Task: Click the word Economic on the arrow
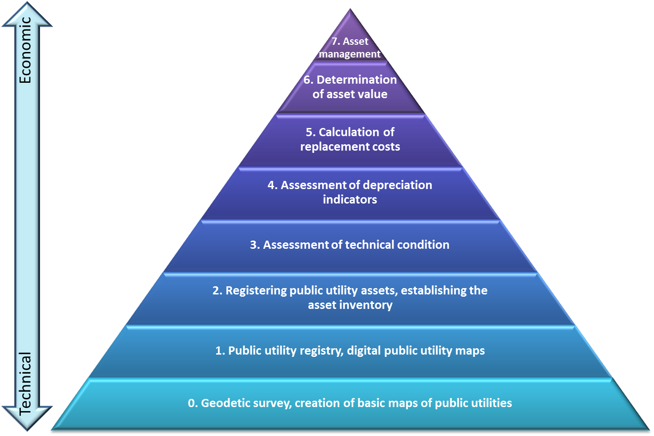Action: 26,50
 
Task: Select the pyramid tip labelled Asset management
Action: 350,47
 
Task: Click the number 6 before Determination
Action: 308,80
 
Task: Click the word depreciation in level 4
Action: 397,185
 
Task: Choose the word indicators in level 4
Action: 350,199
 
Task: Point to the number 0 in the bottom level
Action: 192,403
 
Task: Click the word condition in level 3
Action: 423,245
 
